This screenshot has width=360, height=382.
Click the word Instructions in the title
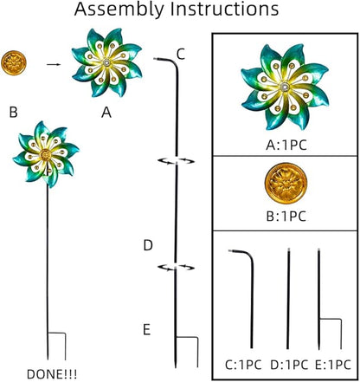[224, 9]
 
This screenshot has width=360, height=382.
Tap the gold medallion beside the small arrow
[14, 63]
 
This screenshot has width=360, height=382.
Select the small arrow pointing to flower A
[54, 64]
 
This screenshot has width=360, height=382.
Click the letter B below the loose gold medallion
[13, 112]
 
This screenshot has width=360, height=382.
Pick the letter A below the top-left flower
[106, 113]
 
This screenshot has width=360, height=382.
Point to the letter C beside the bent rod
[181, 54]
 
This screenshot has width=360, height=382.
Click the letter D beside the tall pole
[148, 245]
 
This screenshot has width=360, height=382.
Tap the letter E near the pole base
[147, 330]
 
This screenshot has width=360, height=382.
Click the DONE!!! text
[52, 374]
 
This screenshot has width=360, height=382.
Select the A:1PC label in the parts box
[286, 146]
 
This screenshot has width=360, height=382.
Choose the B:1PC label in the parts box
[286, 217]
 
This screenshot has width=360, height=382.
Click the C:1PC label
[243, 365]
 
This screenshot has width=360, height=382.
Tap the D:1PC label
[289, 365]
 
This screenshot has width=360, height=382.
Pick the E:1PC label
[333, 365]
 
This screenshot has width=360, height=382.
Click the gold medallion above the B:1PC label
[286, 184]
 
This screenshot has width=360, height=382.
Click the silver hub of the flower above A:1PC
[286, 87]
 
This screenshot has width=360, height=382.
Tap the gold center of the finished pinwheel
[45, 155]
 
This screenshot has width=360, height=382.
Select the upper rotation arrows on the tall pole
[176, 161]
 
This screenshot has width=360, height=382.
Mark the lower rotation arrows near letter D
[176, 268]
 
